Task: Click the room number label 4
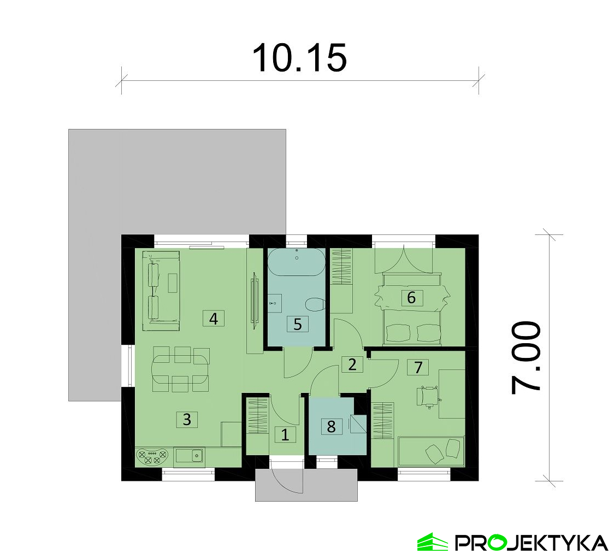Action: pos(214,318)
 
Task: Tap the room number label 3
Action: pos(187,420)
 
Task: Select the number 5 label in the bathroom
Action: pos(297,324)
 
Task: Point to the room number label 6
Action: pos(411,298)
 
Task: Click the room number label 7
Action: pos(418,367)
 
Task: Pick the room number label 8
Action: pos(331,426)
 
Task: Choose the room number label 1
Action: pos(285,435)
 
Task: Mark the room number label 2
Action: pos(352,364)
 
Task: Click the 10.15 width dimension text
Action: pos(299,58)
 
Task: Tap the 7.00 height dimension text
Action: pos(527,358)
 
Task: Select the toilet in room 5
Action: pos(315,304)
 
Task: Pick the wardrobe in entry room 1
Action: pos(257,416)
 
